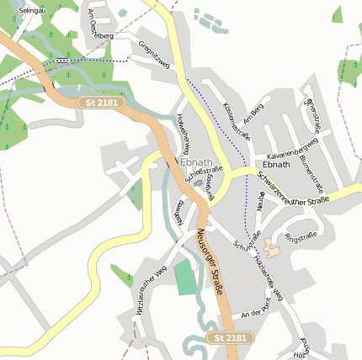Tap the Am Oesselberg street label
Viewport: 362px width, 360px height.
click(99, 25)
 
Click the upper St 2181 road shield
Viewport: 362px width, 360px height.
click(103, 102)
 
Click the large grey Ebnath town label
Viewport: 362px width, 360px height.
click(196, 161)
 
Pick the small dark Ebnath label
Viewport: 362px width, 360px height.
click(276, 164)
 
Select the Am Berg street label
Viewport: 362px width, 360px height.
click(253, 117)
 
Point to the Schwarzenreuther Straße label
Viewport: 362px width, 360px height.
click(293, 193)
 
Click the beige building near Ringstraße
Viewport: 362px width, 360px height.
click(272, 248)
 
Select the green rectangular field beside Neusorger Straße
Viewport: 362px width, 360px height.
click(184, 277)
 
